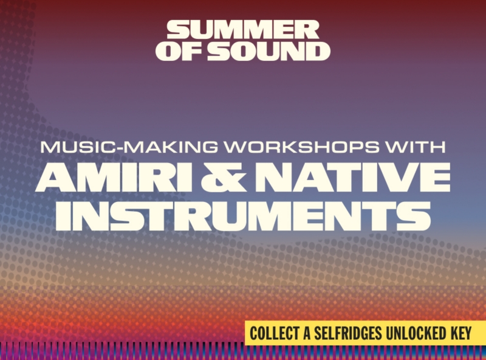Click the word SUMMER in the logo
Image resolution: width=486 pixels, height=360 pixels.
point(243,30)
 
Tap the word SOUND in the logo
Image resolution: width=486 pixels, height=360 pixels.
point(269,51)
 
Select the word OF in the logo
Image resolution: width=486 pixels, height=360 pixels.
point(179,51)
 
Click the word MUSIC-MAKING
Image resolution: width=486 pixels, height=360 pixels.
point(129,147)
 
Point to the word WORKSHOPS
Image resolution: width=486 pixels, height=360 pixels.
point(302,147)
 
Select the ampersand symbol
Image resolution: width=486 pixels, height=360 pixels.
point(224,177)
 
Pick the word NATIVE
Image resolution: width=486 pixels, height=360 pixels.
point(352,177)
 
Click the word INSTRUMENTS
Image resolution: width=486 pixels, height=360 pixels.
point(243,216)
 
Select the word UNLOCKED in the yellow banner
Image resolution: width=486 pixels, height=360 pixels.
point(416,333)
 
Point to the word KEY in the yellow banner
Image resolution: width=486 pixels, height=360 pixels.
point(460,333)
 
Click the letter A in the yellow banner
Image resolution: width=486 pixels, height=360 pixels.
point(307,333)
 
